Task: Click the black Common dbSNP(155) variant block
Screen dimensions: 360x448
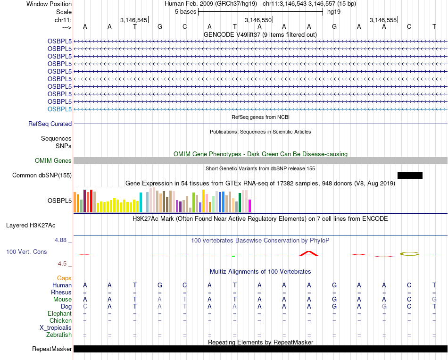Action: point(410,176)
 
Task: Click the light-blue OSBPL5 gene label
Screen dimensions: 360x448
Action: point(59,109)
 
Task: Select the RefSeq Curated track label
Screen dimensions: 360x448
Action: point(50,124)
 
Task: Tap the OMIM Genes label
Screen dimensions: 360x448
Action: point(53,161)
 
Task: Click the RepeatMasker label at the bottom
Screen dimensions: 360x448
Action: point(52,349)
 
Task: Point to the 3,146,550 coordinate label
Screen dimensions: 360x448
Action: point(258,20)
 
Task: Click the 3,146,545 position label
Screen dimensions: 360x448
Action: point(133,20)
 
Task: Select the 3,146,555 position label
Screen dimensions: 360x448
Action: point(383,20)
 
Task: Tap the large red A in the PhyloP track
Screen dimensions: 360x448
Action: point(309,253)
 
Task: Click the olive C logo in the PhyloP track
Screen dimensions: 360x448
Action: point(409,254)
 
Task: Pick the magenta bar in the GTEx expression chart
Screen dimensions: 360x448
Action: point(249,206)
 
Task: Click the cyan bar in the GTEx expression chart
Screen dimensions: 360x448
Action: point(141,202)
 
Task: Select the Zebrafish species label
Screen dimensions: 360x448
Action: point(59,335)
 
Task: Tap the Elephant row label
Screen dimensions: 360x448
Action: point(59,314)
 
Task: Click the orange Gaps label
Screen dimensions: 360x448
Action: point(64,278)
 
